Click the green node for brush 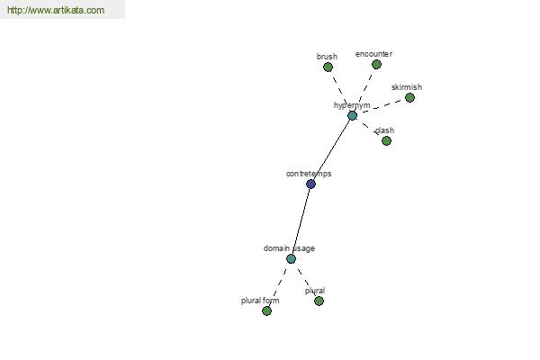coord(328,67)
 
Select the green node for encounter coord(376,65)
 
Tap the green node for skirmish coord(409,98)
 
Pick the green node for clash coord(386,141)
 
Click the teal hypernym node coord(352,116)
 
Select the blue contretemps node coord(310,184)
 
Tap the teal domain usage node coord(291,258)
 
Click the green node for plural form coord(266,311)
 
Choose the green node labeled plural coord(319,301)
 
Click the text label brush coord(327,57)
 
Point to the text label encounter coord(373,54)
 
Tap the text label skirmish coord(407,87)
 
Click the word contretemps coord(309,174)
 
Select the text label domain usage coord(289,248)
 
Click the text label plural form coord(260,301)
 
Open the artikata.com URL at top coord(56,10)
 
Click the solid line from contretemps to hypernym coord(331,150)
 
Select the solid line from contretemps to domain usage coord(301,221)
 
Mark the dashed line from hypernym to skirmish coord(381,107)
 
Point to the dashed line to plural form coord(279,285)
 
